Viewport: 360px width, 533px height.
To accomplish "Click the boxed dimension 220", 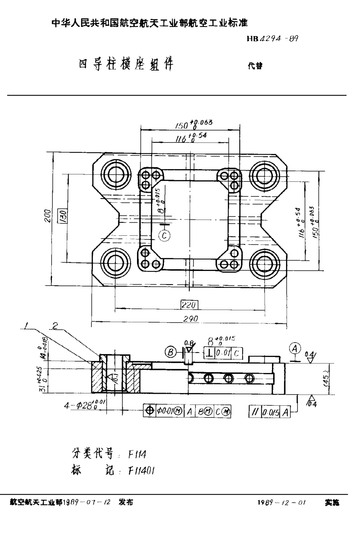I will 189,305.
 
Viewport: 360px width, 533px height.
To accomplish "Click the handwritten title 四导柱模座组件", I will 126,64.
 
